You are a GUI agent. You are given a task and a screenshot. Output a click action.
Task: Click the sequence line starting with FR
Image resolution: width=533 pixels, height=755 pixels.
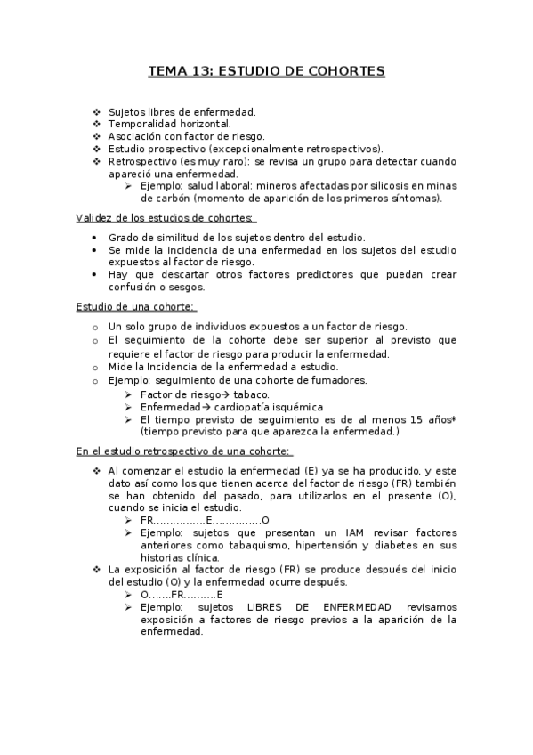pos(205,520)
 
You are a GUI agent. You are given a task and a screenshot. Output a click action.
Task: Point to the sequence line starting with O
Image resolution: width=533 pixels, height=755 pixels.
pos(182,594)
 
